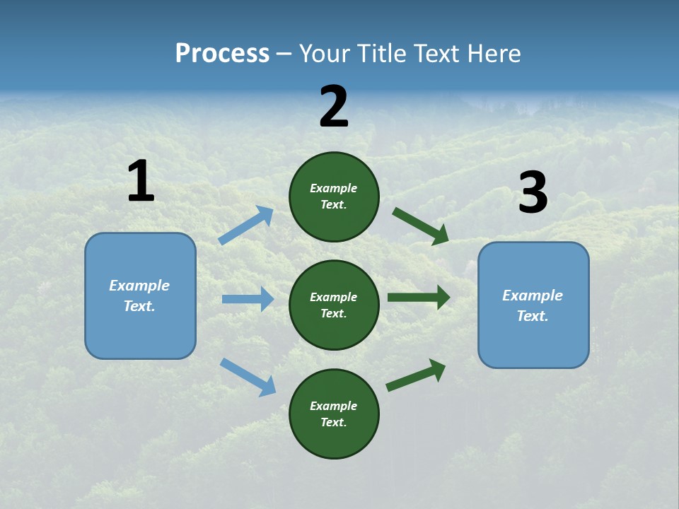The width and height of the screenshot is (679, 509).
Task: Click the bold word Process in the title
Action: (x=222, y=54)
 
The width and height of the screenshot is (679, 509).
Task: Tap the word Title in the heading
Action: (x=380, y=54)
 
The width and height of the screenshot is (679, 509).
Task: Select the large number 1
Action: (x=141, y=182)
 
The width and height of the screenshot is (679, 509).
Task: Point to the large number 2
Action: (x=334, y=107)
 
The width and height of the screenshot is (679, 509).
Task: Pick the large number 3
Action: (x=533, y=193)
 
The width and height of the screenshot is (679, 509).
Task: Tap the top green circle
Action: (x=334, y=197)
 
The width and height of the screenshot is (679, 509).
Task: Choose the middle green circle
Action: (x=334, y=305)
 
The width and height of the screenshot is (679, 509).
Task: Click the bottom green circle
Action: (x=334, y=414)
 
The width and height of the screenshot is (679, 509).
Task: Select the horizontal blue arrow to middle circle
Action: (x=248, y=299)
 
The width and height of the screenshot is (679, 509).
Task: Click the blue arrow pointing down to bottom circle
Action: (x=248, y=377)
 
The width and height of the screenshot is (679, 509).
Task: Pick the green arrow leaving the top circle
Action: (x=420, y=226)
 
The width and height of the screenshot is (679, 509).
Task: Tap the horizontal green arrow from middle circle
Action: (x=419, y=297)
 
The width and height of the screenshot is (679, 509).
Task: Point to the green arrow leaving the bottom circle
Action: (x=416, y=375)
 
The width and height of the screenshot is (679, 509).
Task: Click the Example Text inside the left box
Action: (x=139, y=296)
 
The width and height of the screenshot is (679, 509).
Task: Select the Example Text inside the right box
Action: (x=533, y=305)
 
